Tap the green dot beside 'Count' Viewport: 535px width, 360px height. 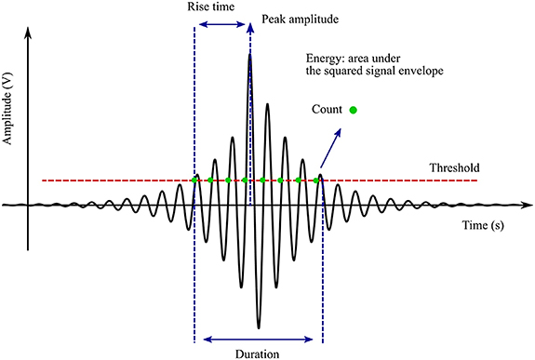[x=354, y=111]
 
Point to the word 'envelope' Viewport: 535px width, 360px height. [x=418, y=68]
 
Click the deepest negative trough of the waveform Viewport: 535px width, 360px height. [x=259, y=327]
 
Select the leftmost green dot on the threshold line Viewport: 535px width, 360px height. [x=194, y=180]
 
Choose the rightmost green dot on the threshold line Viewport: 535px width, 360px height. [x=316, y=180]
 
